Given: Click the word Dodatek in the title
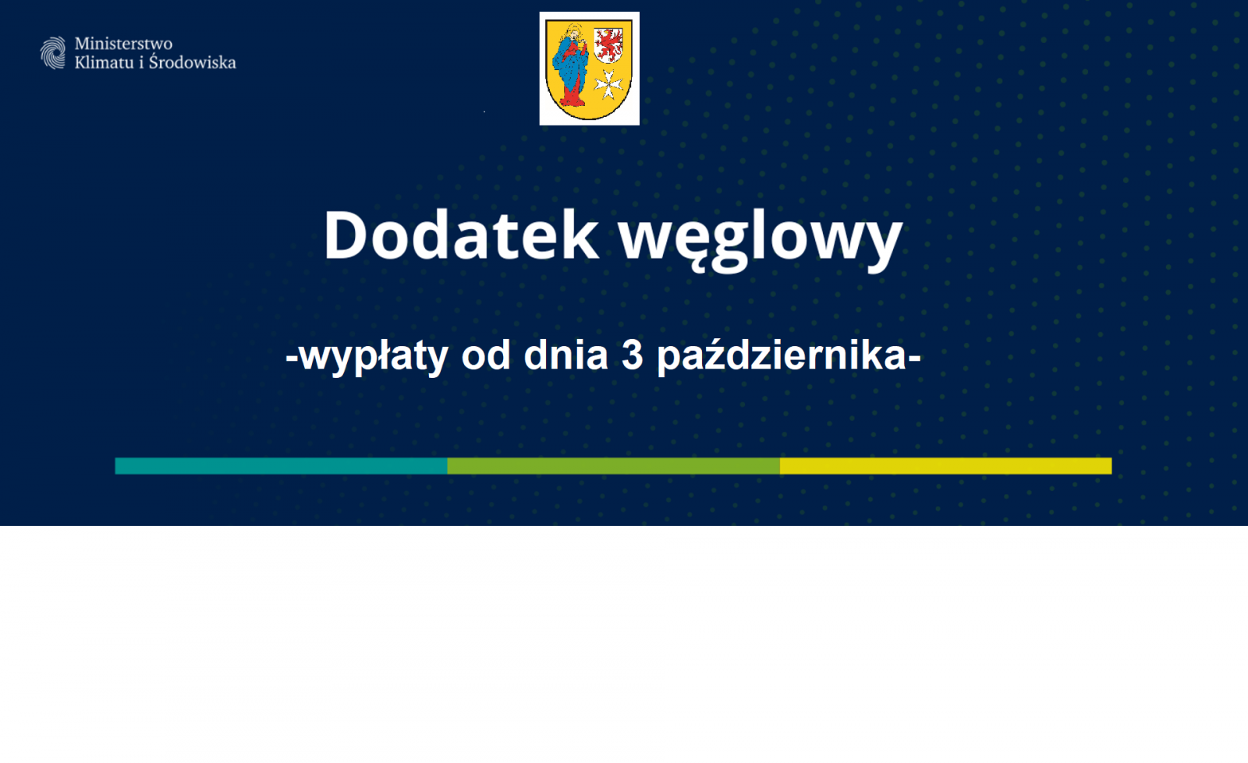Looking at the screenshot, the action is pos(461,235).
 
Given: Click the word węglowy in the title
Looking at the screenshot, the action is pos(761,240).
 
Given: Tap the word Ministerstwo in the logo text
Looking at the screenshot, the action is pos(124,44).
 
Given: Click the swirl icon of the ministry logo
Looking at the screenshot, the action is pos(53,53).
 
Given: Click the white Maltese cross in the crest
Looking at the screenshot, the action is pos(608,85).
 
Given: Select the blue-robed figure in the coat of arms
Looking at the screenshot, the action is pos(570,65).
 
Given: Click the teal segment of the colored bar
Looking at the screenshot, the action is pos(282,466).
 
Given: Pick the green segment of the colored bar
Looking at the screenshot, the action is pos(613,466).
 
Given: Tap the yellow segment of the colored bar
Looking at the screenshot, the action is pos(946,466).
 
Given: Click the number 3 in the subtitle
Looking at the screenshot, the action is pos(633,355).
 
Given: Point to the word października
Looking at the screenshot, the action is pos(782,357).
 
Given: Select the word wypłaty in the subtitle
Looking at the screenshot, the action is pos(374,357).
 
